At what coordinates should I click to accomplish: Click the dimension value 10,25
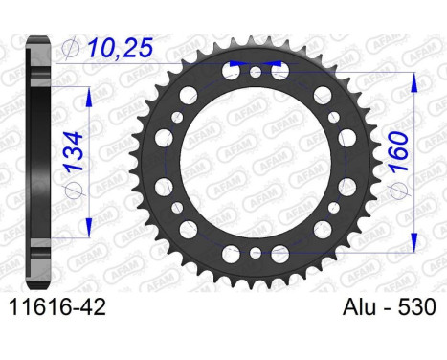(121, 48)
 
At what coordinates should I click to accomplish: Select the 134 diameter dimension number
(75, 150)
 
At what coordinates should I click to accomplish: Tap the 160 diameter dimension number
(399, 151)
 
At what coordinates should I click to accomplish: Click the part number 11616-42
(57, 307)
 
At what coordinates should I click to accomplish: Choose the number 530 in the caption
(416, 307)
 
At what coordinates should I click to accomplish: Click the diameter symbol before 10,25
(70, 49)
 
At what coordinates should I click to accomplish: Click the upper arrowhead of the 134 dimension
(89, 97)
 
